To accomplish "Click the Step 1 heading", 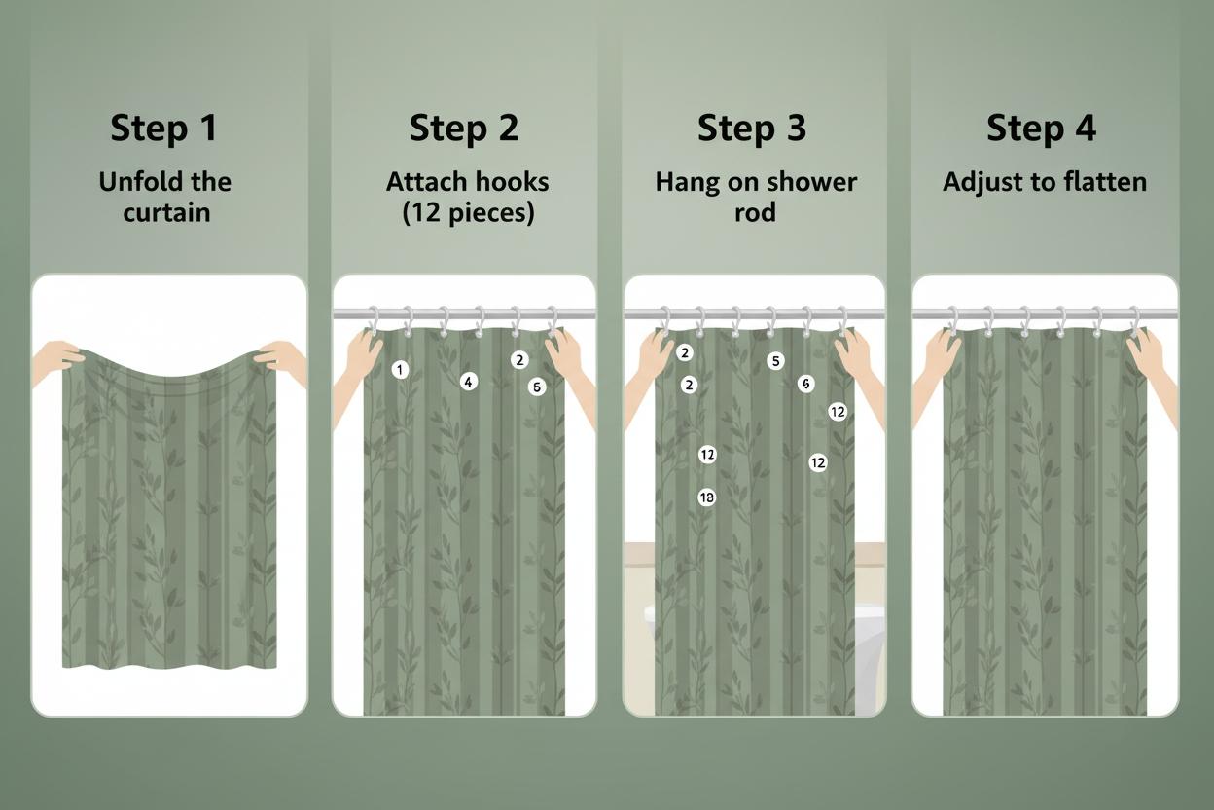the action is [x=163, y=129].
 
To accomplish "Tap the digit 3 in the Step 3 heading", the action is [x=796, y=129].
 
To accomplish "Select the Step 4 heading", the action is [x=1041, y=129].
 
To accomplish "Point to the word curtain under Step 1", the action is [x=166, y=212].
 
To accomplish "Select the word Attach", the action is [x=421, y=182].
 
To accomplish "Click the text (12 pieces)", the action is [x=468, y=212].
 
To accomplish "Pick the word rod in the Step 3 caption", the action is [x=755, y=212].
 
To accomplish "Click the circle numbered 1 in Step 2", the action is [x=400, y=370].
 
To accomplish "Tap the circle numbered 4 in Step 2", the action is [x=469, y=382].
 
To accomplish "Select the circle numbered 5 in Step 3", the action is [x=775, y=361].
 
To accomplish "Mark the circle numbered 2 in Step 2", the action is [x=519, y=359].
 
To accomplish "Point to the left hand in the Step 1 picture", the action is [x=56, y=361].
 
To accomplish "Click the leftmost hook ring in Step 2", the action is [x=374, y=320].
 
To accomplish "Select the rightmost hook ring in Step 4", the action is [x=1134, y=321].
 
